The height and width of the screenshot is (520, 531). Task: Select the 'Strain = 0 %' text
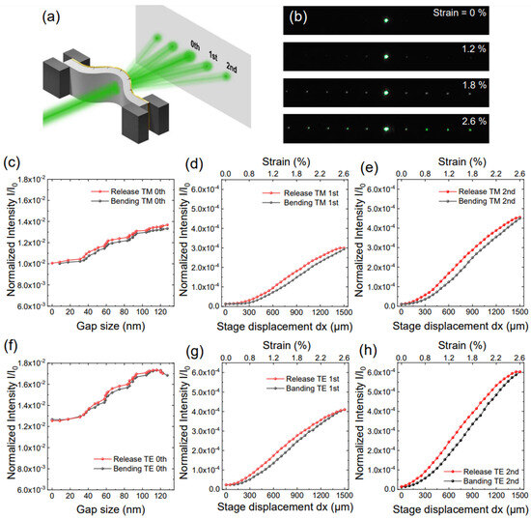pyautogui.click(x=473, y=15)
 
